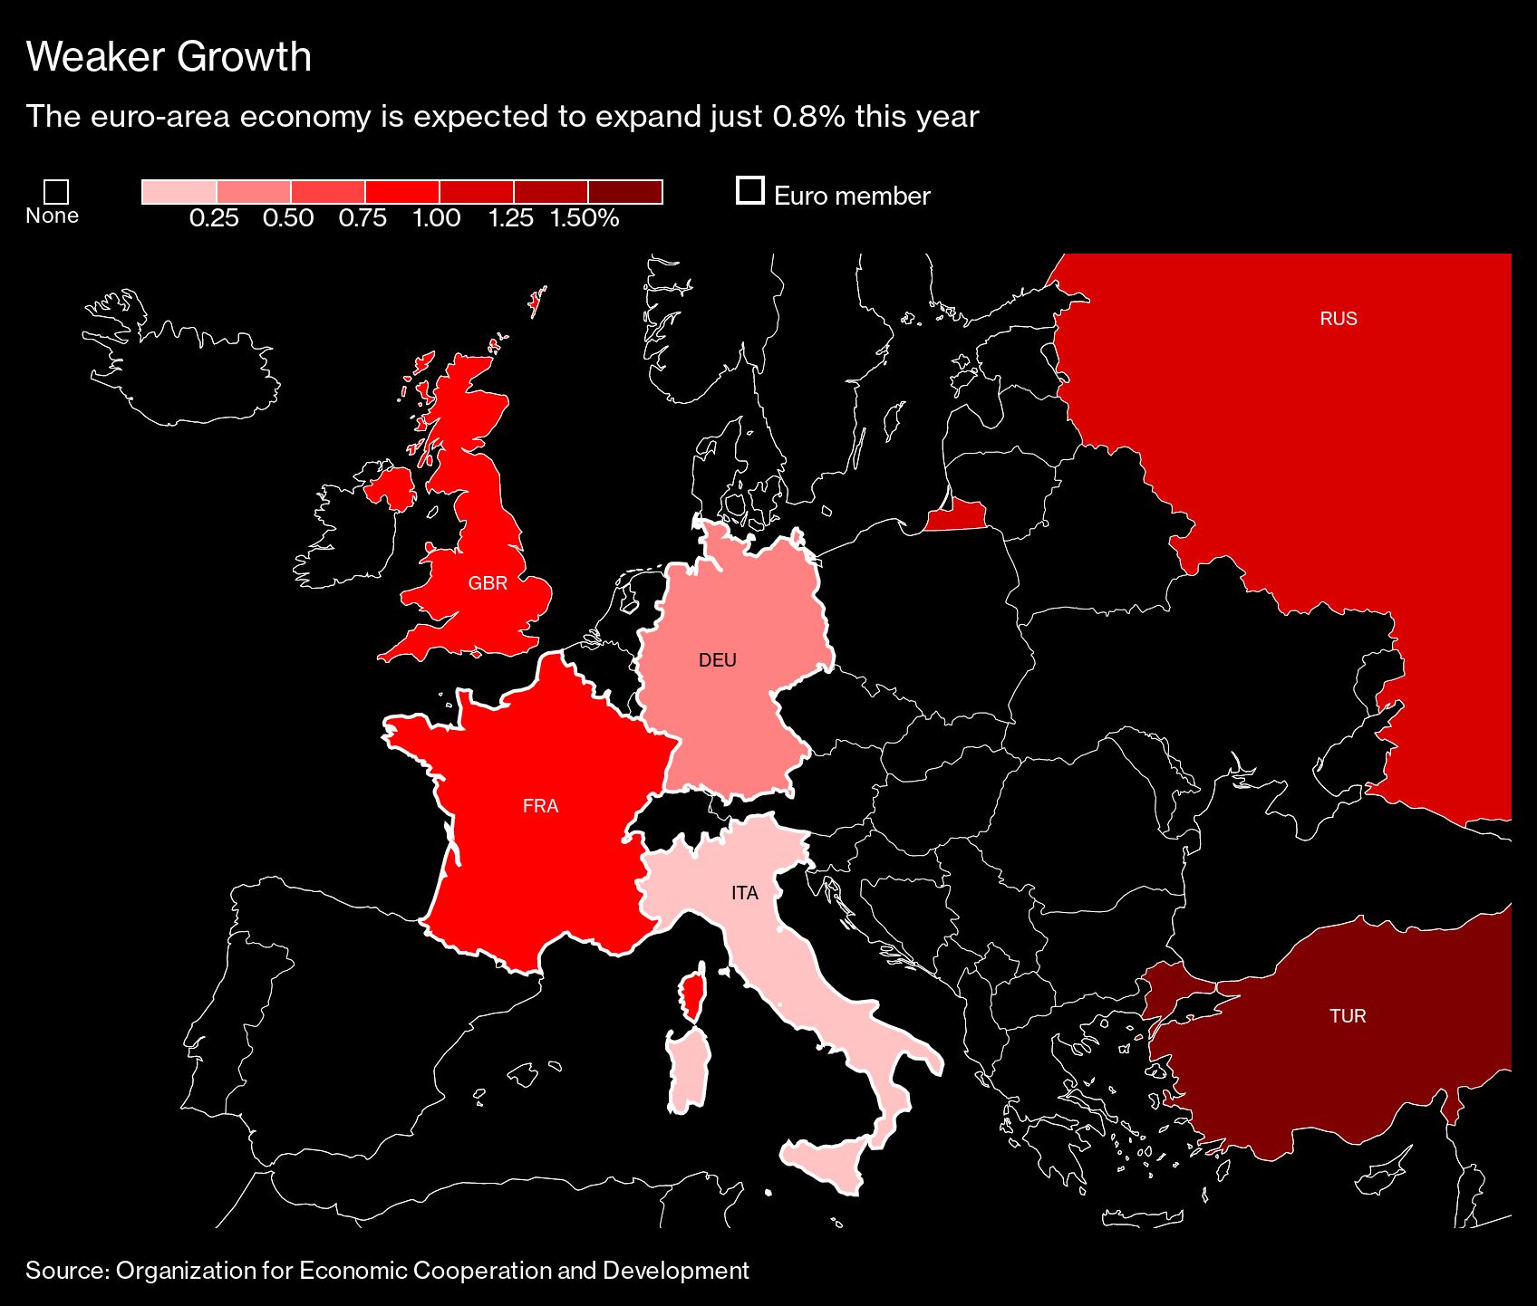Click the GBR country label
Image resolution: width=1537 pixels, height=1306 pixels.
pyautogui.click(x=488, y=583)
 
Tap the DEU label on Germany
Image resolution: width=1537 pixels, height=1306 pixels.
pyautogui.click(x=717, y=660)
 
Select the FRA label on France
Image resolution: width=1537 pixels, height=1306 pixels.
pyautogui.click(x=540, y=806)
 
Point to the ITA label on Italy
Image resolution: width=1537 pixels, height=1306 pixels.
pyautogui.click(x=744, y=893)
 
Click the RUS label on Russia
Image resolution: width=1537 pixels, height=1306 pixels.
pyautogui.click(x=1338, y=319)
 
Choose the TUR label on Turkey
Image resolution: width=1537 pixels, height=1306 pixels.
pyautogui.click(x=1347, y=1016)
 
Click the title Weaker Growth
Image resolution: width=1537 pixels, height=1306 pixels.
pyautogui.click(x=169, y=57)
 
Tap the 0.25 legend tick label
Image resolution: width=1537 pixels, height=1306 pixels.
pyautogui.click(x=214, y=218)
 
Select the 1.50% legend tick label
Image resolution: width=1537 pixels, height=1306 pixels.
pyautogui.click(x=585, y=218)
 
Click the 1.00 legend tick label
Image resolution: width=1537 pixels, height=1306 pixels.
pyautogui.click(x=436, y=218)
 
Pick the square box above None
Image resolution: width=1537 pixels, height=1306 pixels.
pyautogui.click(x=56, y=192)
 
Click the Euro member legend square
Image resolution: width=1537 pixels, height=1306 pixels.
pyautogui.click(x=749, y=191)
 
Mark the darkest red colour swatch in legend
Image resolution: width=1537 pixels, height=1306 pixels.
pyautogui.click(x=625, y=192)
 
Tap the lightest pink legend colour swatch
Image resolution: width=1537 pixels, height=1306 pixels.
pyautogui.click(x=179, y=192)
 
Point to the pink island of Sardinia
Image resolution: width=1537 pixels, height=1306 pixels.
pyautogui.click(x=687, y=1073)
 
